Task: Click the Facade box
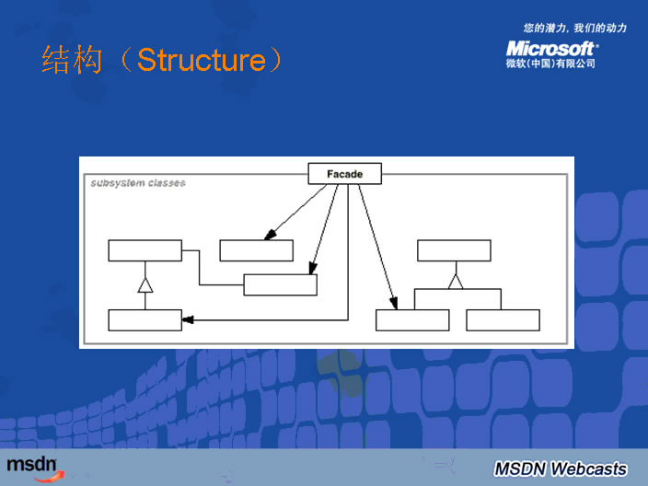coord(344,174)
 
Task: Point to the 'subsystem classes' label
coord(138,182)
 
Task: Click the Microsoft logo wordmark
coord(550,48)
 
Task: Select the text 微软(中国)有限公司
coord(550,64)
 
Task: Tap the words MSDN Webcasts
coord(560,468)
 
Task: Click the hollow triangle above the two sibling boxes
coord(455,282)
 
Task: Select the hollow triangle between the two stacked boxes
coord(145,286)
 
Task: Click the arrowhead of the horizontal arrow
coord(188,320)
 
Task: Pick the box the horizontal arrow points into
coord(145,320)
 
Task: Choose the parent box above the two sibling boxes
coord(454,250)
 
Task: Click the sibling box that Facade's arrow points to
coord(412,320)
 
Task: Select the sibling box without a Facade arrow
coord(503,320)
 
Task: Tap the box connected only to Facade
coord(256,250)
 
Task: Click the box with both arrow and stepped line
coord(280,284)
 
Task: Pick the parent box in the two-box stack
coord(145,250)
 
